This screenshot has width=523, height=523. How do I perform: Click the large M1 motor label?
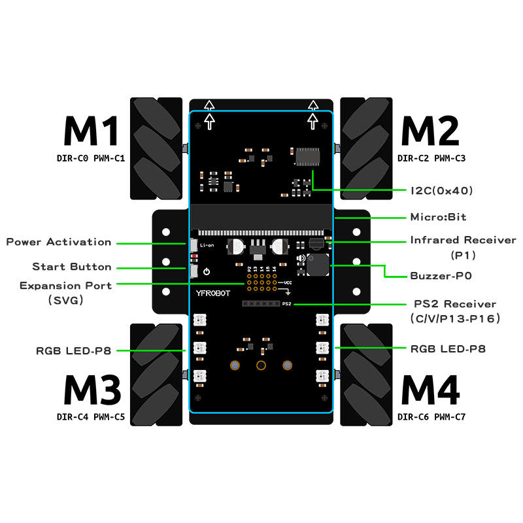91,131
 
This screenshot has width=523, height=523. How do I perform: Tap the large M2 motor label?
431,131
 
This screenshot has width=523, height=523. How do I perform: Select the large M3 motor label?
92,390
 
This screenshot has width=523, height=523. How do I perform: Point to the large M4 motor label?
431,390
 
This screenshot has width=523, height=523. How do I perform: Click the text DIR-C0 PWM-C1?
91,158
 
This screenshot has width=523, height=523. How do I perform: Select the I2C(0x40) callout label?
441,190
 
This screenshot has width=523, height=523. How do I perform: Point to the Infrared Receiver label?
463,241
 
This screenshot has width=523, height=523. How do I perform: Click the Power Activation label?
59,242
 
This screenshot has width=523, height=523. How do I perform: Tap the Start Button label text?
72,267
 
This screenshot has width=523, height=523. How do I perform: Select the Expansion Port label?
65,286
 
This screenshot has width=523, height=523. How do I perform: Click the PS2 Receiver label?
455,304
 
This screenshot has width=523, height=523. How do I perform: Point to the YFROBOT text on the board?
211,294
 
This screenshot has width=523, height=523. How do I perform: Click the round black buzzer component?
318,266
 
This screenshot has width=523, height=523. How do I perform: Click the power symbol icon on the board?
206,271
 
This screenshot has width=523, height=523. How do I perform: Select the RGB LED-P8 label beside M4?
448,349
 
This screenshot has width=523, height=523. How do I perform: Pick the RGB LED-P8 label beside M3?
74,351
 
